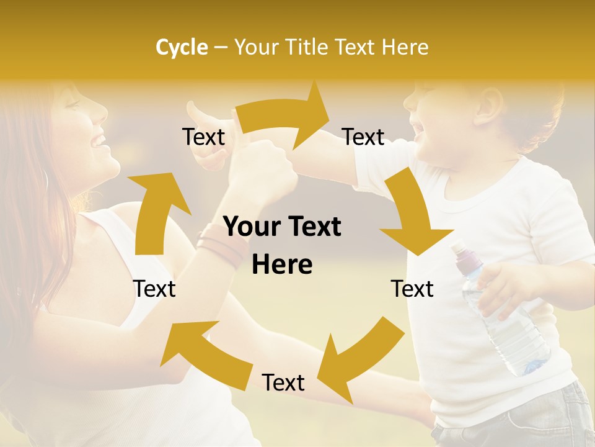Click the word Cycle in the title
click(182, 47)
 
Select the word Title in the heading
click(309, 47)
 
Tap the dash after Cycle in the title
click(220, 48)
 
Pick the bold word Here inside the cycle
click(282, 265)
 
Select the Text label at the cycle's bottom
click(283, 383)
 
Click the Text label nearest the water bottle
click(412, 289)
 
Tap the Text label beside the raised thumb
click(203, 137)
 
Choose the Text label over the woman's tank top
click(154, 289)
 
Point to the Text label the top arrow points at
click(363, 137)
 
